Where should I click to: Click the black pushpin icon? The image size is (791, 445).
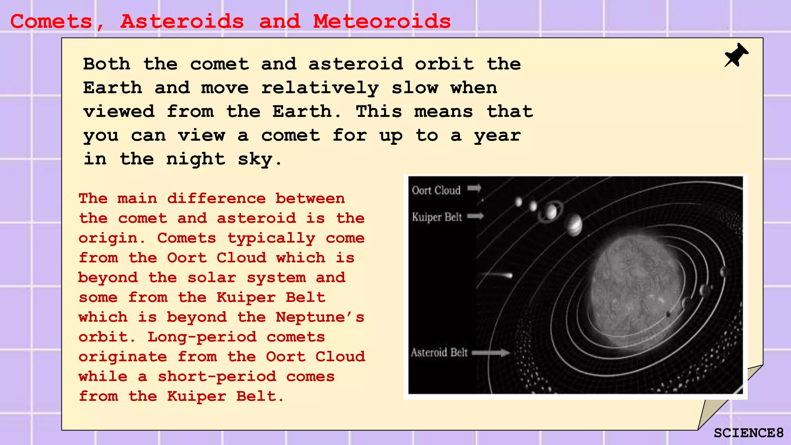coord(736,55)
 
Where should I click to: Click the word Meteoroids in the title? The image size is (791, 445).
coord(382,22)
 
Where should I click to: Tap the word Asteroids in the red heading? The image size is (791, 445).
coord(182,22)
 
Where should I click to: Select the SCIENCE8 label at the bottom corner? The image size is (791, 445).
coord(748,433)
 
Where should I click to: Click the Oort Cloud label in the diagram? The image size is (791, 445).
coord(436,190)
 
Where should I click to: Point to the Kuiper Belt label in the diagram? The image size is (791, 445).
coord(437,217)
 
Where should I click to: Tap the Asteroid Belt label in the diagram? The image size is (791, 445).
coord(439,353)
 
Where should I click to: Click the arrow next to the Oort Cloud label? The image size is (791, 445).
coord(474,188)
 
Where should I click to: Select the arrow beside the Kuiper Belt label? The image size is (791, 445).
coord(475,216)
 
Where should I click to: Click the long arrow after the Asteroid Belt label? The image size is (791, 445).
coord(491,353)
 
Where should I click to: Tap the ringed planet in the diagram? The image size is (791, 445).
coord(551,211)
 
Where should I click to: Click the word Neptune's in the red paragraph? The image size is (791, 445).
coord(320,318)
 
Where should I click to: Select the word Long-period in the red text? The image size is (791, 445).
coord(202,337)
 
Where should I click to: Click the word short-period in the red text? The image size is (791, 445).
coord(217,377)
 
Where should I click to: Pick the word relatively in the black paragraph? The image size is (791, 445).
coord(320,88)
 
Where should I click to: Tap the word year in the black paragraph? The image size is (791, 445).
coord(497,136)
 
